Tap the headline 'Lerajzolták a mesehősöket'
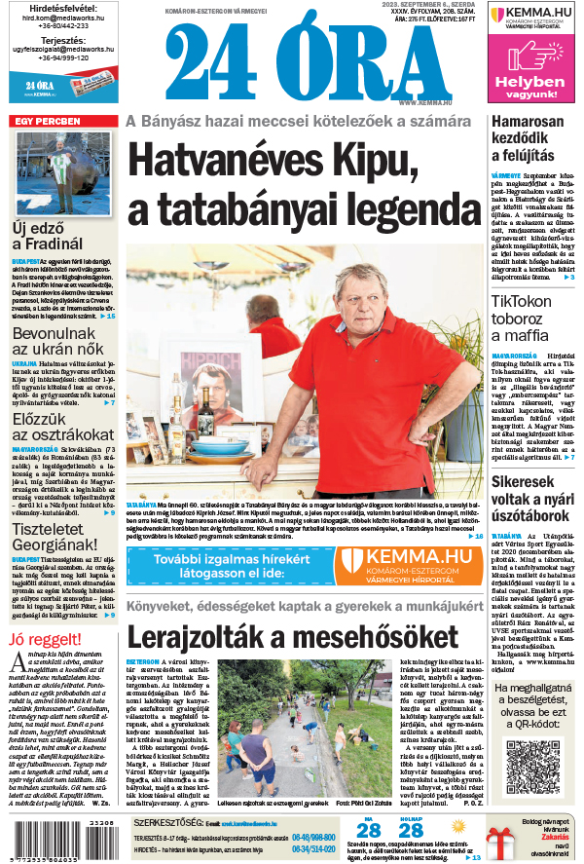coord(292,635)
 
